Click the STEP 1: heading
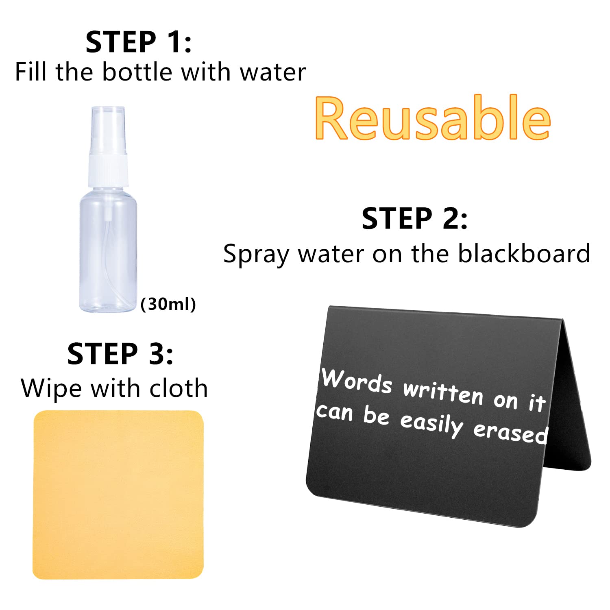click(x=138, y=42)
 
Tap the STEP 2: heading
click(x=414, y=218)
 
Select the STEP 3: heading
click(x=120, y=353)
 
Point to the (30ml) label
click(x=168, y=304)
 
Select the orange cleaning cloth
click(x=118, y=495)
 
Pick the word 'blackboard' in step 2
click(x=524, y=253)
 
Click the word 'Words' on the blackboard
click(x=357, y=380)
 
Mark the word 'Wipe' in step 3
click(x=51, y=389)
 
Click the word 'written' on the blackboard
click(x=443, y=393)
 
